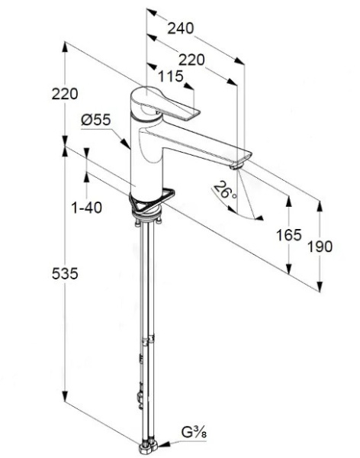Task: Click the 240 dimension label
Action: click(181, 28)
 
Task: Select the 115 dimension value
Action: click(171, 76)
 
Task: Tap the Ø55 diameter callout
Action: click(96, 120)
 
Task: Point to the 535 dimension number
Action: click(65, 274)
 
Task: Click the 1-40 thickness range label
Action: click(87, 208)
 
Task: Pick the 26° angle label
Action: click(225, 190)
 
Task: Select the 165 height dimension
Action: click(289, 235)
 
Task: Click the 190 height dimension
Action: click(320, 247)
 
